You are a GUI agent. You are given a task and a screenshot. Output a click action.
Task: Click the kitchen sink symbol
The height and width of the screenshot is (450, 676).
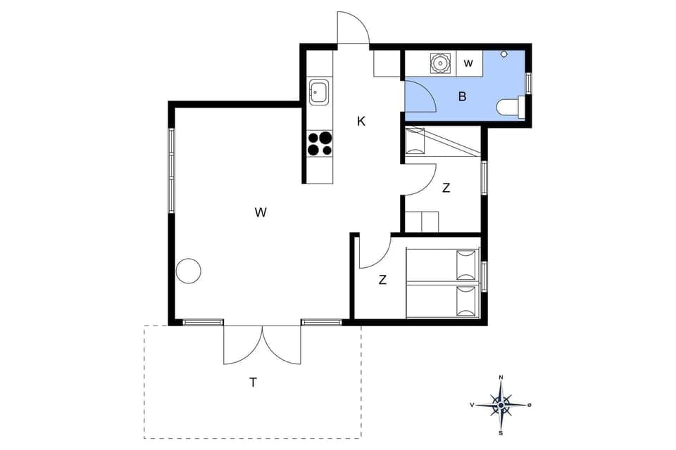319,92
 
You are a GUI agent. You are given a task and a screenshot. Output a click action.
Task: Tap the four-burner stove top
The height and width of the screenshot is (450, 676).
319,143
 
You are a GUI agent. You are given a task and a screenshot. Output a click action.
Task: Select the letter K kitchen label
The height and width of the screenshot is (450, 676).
361,121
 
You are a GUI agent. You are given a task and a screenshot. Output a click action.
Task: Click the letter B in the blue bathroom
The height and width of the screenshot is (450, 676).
463,97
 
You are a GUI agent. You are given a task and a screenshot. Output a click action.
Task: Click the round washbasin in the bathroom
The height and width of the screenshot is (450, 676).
439,63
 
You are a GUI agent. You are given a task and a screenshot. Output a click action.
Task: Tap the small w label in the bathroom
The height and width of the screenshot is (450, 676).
468,63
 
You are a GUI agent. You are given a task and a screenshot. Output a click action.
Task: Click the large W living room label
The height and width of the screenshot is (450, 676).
261,212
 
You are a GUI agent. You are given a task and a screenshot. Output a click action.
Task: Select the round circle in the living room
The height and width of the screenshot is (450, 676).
189,271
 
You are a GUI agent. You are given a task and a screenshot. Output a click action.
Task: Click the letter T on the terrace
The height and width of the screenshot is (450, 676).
253,383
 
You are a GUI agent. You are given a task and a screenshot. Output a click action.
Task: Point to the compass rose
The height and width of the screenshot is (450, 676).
501,405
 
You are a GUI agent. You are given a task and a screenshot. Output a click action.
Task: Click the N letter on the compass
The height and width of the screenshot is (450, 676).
501,378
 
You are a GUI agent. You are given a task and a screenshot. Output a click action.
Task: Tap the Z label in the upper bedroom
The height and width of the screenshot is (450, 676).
446,188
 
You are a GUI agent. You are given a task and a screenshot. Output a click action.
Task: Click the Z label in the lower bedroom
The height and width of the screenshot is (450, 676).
382,280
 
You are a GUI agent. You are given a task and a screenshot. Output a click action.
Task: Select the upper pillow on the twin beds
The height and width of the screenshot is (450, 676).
466,264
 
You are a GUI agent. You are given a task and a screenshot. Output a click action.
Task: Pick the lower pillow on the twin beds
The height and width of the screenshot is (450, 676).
466,301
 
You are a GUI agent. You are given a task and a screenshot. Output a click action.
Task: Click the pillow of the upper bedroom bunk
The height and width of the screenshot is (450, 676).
415,141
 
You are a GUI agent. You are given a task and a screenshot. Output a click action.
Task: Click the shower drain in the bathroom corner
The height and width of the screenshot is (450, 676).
504,54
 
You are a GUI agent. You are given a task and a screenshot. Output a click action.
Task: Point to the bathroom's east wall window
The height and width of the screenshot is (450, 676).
529,82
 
